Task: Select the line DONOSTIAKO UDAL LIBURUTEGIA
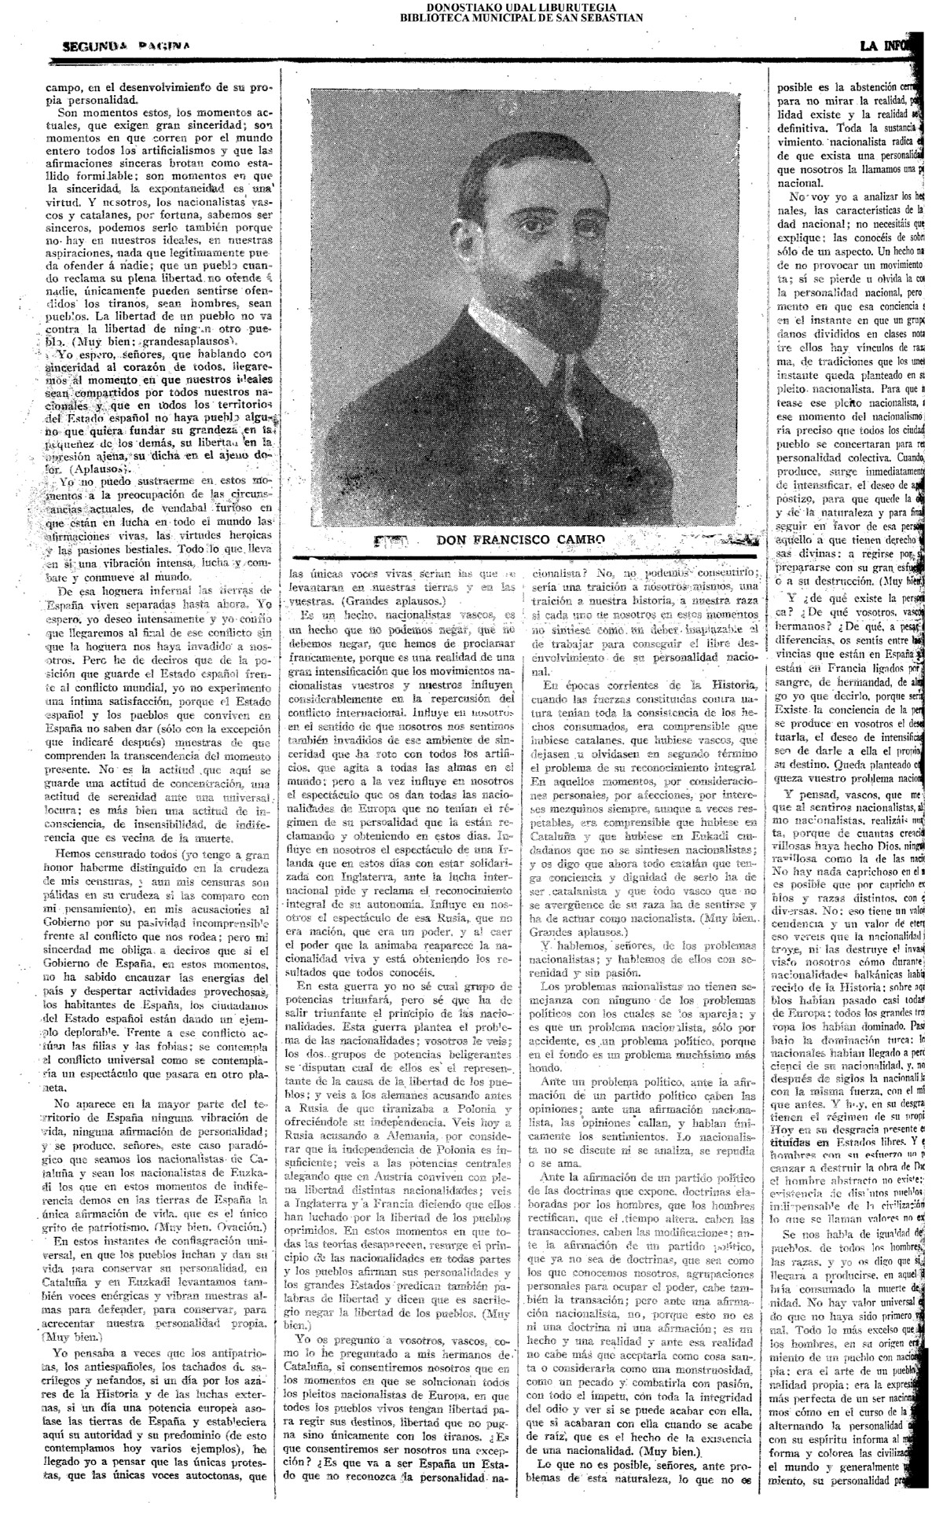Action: point(522,6)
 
